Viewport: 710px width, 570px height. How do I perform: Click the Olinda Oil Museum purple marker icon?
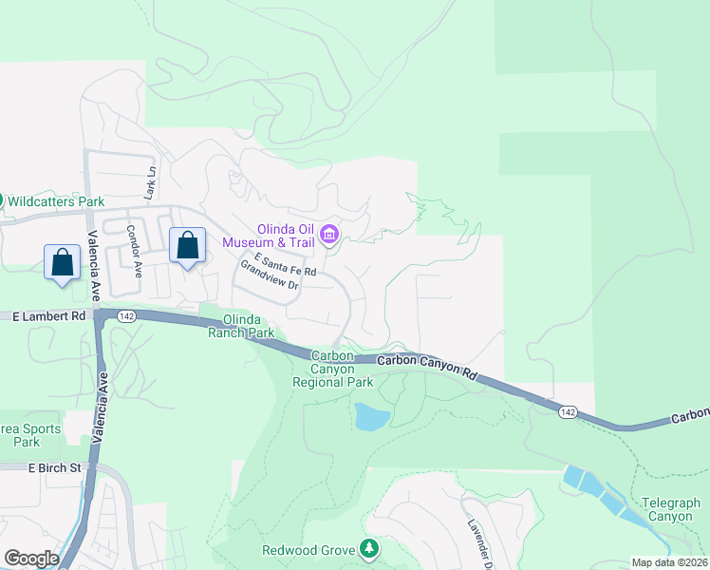tap(329, 233)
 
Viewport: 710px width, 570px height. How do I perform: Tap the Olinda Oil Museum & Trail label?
tap(281, 235)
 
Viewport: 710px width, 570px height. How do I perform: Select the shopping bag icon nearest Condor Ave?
tap(187, 245)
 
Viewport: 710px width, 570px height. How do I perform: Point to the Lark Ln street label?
tap(149, 182)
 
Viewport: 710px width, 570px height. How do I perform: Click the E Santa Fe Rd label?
tap(285, 265)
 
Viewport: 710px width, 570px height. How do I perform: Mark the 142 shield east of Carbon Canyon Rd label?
tap(567, 410)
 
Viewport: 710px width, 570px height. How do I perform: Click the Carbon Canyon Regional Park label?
tap(333, 369)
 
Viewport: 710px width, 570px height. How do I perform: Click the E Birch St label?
tap(56, 467)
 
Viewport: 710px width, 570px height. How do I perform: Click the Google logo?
tap(30, 558)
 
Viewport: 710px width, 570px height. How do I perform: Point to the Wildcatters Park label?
tap(56, 201)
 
